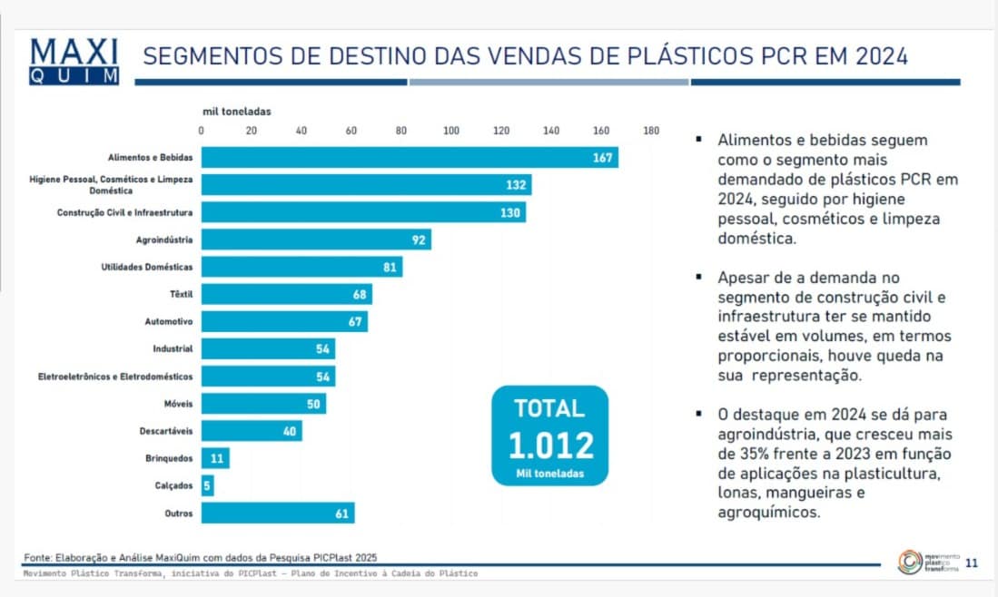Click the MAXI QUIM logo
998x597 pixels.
pyautogui.click(x=74, y=61)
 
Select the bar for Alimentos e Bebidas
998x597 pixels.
pyautogui.click(x=410, y=158)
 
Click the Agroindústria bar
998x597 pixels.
pyautogui.click(x=316, y=240)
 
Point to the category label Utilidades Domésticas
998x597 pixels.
pyautogui.click(x=147, y=267)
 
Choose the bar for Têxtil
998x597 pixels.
pyautogui.click(x=286, y=294)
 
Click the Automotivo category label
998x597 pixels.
pyautogui.click(x=169, y=321)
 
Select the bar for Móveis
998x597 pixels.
pyautogui.click(x=263, y=403)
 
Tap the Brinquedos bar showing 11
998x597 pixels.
pyautogui.click(x=215, y=458)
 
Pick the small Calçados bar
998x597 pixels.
pyautogui.click(x=208, y=485)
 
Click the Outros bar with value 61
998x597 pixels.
pyautogui.click(x=278, y=514)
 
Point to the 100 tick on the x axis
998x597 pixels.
pyautogui.click(x=451, y=130)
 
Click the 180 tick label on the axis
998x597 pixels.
pyautogui.click(x=650, y=130)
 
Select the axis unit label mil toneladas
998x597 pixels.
pyautogui.click(x=236, y=112)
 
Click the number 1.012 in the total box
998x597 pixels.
pyautogui.click(x=550, y=445)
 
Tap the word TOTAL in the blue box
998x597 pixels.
pyautogui.click(x=549, y=408)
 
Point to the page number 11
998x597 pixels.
pyautogui.click(x=971, y=563)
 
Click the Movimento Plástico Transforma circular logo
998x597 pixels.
pyautogui.click(x=909, y=562)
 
